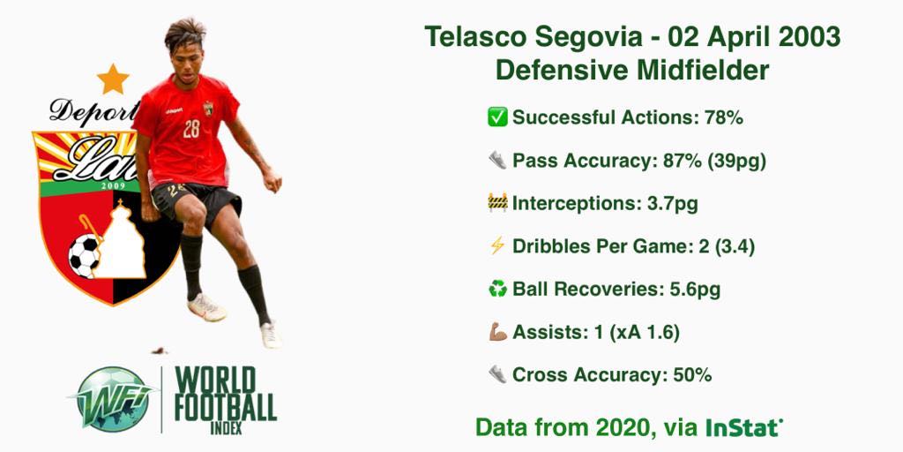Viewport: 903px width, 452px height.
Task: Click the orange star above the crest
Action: (x=113, y=79)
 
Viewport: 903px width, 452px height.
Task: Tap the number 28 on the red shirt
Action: (x=191, y=129)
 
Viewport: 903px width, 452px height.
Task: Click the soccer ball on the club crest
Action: (x=84, y=256)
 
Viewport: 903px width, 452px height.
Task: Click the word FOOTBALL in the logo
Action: (x=226, y=408)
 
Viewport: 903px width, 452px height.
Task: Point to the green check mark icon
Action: (x=497, y=117)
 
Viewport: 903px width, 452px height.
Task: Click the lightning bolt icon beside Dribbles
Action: (x=497, y=245)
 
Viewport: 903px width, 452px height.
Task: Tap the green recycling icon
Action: (x=497, y=289)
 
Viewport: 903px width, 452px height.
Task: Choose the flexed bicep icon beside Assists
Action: (x=497, y=332)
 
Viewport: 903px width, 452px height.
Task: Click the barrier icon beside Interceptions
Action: (x=497, y=203)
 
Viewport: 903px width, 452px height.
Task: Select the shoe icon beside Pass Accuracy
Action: (x=497, y=161)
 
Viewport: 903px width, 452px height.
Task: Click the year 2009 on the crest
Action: (x=112, y=185)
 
